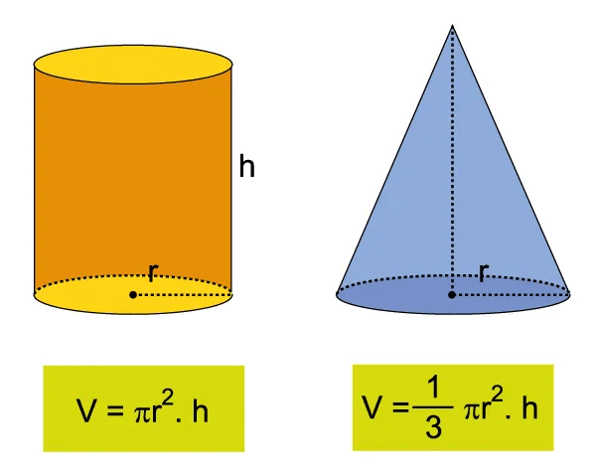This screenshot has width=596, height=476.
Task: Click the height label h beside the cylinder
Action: (x=247, y=166)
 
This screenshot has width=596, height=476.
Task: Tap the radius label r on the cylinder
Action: (x=152, y=272)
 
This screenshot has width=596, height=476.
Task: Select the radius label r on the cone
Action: (x=484, y=272)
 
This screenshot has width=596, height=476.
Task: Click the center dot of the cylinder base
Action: (x=133, y=294)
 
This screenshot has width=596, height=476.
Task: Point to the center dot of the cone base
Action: (x=452, y=294)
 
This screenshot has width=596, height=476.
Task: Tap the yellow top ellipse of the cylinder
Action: (x=133, y=66)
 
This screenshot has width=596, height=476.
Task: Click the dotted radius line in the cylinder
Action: (x=184, y=294)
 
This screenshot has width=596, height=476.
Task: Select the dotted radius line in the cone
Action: (x=512, y=294)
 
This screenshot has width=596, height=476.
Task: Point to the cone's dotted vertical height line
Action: (x=452, y=159)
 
